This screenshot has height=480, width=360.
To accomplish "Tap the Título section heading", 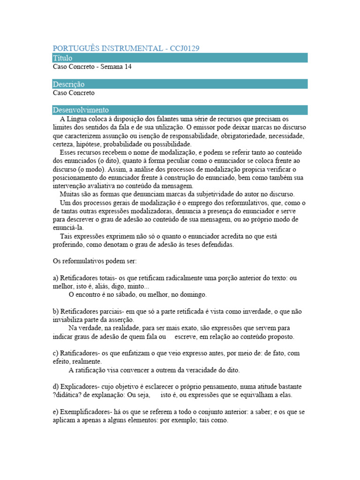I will coord(63,58).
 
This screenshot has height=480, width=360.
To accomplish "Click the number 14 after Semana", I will coord(128,67).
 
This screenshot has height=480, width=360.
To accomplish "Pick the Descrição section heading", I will coord(69,84).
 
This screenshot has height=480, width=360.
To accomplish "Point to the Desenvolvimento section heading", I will coord(81,110).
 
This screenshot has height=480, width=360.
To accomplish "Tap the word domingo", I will coord(191,295).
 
